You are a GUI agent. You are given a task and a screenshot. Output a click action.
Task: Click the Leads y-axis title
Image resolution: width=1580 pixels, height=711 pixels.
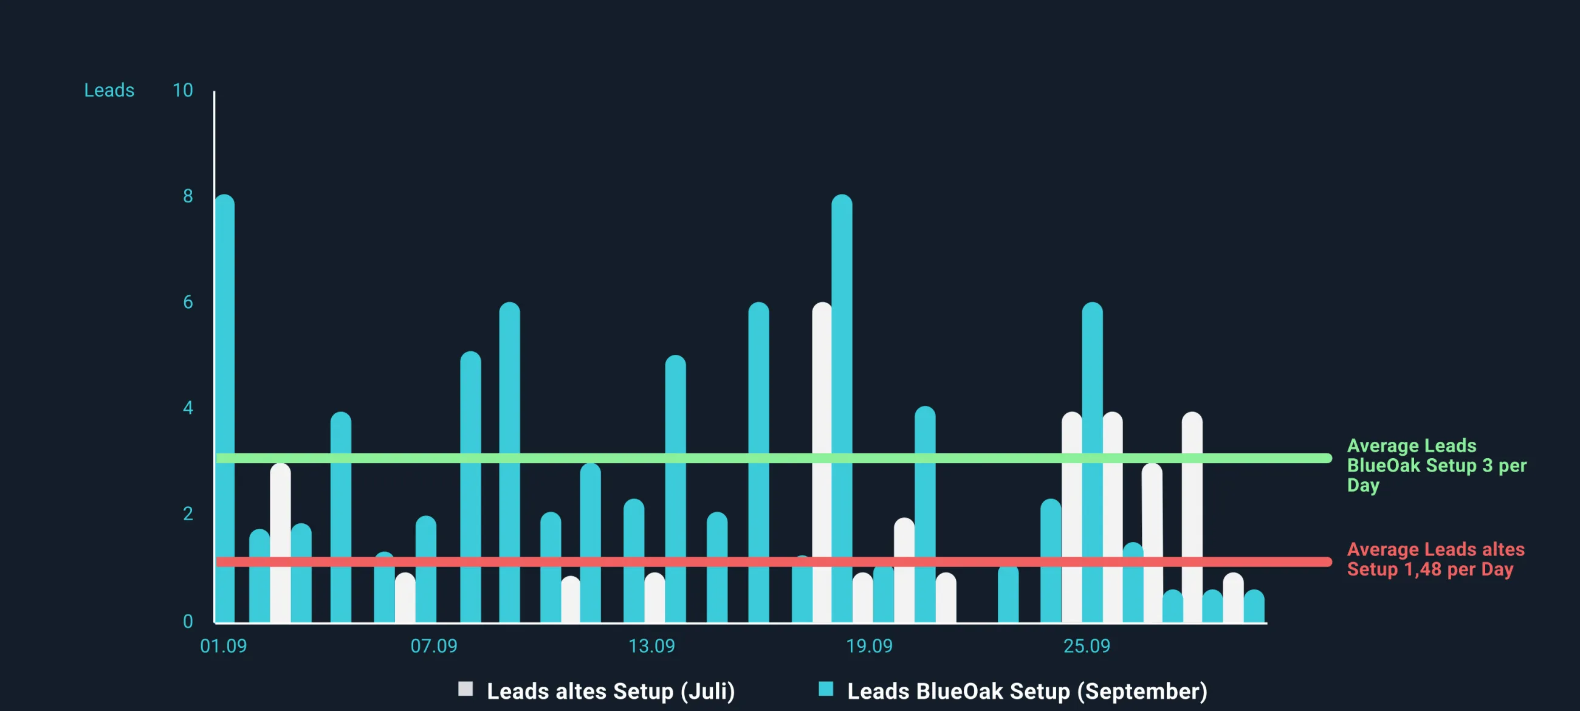(x=109, y=90)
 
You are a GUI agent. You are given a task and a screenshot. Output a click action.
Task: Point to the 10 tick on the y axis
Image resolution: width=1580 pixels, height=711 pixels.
(x=182, y=90)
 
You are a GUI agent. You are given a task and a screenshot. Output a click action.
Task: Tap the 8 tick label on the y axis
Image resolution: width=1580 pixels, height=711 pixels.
(x=188, y=196)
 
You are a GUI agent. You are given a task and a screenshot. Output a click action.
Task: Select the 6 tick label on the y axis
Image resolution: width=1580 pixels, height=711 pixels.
(x=188, y=302)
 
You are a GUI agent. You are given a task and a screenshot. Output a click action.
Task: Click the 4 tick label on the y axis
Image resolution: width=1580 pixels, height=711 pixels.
(x=188, y=407)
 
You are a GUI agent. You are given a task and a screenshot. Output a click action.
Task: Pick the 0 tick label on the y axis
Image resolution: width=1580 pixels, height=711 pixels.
(x=188, y=621)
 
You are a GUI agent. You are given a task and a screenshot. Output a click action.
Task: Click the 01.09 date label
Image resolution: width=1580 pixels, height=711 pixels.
(x=223, y=645)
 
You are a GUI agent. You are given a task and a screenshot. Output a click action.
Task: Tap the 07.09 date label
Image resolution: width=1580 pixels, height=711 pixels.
(x=434, y=645)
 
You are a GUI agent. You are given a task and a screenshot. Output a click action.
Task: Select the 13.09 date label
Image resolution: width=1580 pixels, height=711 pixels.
(x=651, y=645)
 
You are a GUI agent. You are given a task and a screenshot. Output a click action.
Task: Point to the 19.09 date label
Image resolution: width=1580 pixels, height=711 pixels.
(x=869, y=645)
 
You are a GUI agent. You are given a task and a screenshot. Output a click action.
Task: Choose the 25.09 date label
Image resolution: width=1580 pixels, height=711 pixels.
(x=1087, y=645)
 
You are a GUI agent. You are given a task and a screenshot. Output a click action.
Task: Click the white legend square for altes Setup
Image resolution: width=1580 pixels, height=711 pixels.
(x=465, y=689)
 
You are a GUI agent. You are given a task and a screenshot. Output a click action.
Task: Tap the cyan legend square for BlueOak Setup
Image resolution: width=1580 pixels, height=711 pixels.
(x=826, y=689)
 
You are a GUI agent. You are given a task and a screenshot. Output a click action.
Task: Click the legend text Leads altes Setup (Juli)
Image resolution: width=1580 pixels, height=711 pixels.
(x=610, y=691)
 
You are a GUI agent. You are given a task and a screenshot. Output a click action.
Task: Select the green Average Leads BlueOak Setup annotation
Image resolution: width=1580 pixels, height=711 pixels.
(x=1435, y=465)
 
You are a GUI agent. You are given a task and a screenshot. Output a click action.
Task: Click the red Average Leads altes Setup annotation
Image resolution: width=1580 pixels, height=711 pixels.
(x=1435, y=559)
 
